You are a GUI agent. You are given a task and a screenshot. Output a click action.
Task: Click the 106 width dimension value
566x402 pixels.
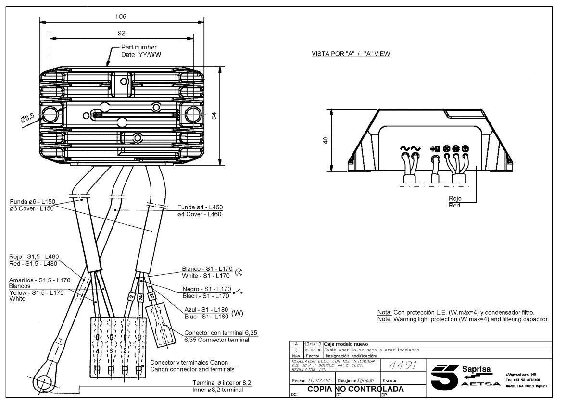point(121,16)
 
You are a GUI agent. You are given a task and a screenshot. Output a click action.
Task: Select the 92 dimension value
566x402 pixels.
point(121,33)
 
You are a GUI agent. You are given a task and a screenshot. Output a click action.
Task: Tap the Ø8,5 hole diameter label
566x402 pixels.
point(27,117)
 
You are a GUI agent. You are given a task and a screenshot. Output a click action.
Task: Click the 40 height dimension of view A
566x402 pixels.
point(326,140)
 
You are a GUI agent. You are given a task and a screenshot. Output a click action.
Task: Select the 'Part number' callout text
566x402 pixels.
point(138,47)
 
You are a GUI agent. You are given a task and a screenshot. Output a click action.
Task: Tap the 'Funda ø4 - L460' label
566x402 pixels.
point(200,207)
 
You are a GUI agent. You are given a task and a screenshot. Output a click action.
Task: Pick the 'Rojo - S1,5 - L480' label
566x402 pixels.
point(33,256)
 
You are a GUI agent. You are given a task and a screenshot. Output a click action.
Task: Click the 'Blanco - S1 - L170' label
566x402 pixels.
point(206,269)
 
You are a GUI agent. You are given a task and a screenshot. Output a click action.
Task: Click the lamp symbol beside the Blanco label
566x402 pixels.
point(238,272)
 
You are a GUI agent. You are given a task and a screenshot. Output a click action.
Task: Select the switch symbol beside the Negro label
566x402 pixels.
point(238,292)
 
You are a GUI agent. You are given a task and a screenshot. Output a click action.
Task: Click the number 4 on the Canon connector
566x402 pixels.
point(98,351)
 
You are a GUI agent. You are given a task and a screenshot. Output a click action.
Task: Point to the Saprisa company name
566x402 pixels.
point(476,369)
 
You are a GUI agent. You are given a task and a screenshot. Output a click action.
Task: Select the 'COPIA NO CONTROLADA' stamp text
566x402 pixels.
point(355,389)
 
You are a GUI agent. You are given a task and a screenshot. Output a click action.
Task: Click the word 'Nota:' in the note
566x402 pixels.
point(384,312)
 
